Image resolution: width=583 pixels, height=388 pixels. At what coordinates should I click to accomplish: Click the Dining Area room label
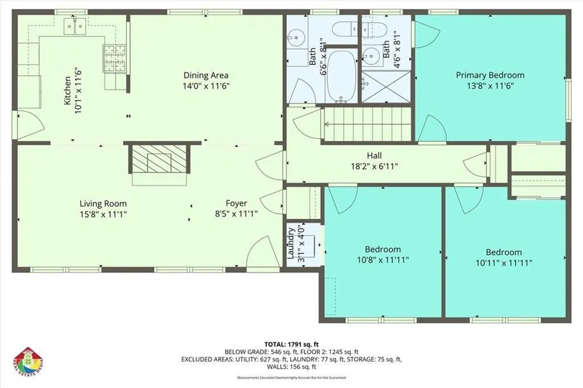pyautogui.click(x=206, y=76)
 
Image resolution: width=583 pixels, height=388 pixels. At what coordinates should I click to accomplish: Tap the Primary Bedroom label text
pyautogui.click(x=490, y=75)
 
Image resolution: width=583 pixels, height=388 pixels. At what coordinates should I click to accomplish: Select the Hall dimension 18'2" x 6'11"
pyautogui.click(x=375, y=166)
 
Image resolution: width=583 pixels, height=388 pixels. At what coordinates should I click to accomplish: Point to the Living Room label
pyautogui.click(x=104, y=204)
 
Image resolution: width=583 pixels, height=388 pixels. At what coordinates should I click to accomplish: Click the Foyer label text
pyautogui.click(x=236, y=203)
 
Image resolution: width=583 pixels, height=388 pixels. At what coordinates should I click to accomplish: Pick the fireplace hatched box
pyautogui.click(x=159, y=158)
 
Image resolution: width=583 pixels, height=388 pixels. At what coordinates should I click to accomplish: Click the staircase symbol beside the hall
pyautogui.click(x=366, y=124)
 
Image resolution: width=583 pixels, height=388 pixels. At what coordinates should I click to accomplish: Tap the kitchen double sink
pyautogui.click(x=75, y=26)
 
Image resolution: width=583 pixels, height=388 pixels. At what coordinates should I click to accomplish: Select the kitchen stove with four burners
pyautogui.click(x=115, y=58)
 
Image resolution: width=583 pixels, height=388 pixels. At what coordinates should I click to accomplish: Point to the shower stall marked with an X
pyautogui.click(x=386, y=86)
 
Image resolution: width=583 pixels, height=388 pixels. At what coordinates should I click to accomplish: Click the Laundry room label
pyautogui.click(x=291, y=243)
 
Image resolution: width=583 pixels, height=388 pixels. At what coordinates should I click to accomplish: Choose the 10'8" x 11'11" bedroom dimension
pyautogui.click(x=383, y=260)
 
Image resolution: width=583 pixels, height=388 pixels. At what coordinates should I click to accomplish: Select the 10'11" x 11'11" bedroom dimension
pyautogui.click(x=504, y=263)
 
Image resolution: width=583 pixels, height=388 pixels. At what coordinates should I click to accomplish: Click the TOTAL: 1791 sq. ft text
pyautogui.click(x=291, y=344)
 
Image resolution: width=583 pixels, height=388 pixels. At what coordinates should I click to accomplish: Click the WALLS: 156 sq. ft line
pyautogui.click(x=291, y=367)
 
